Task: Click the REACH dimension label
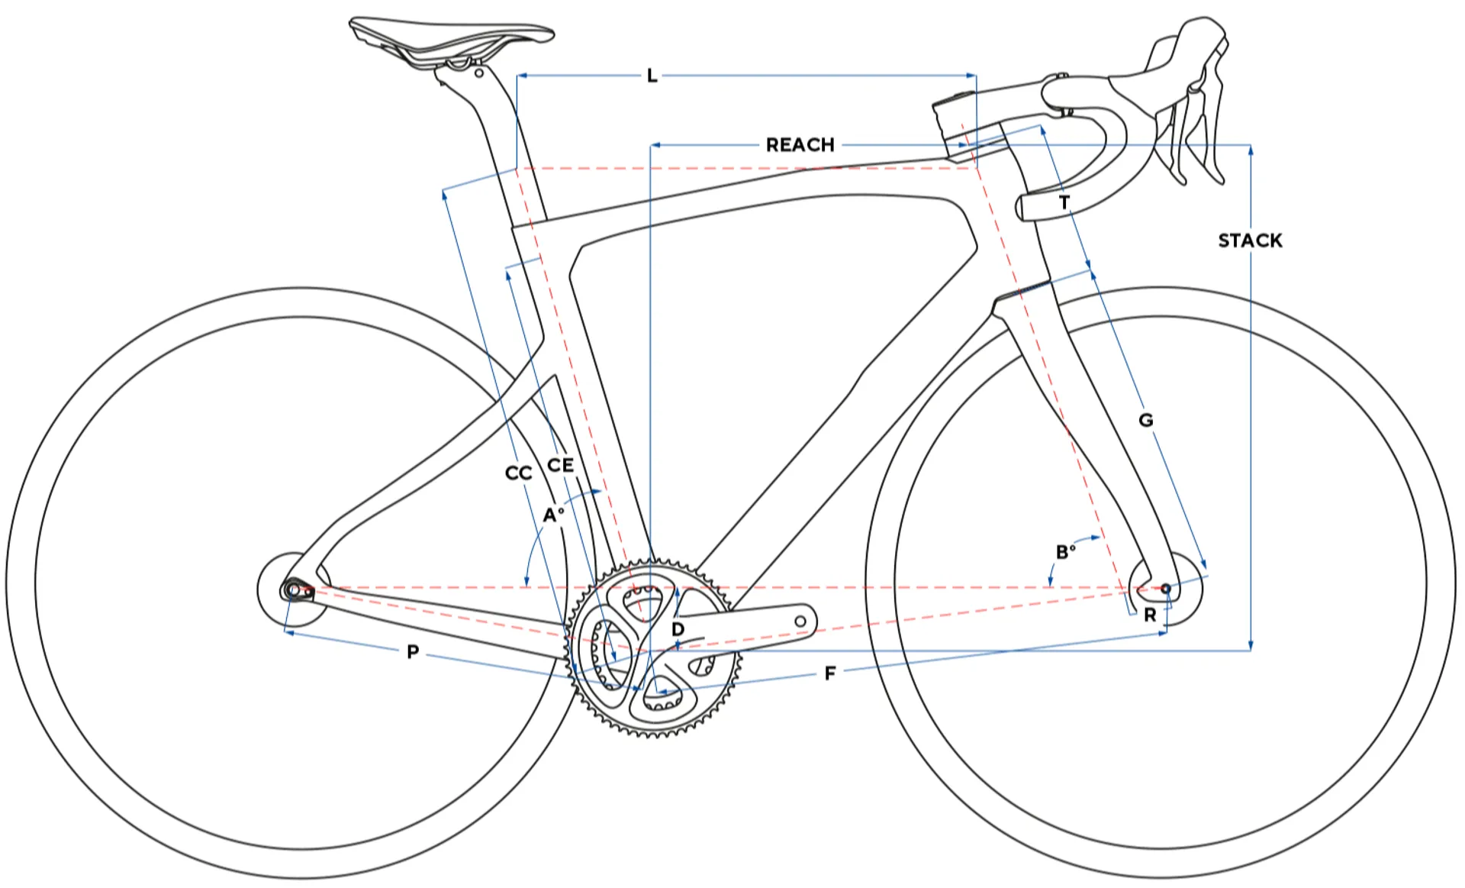tap(800, 145)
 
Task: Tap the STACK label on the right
tap(1250, 241)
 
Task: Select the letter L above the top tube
tap(652, 76)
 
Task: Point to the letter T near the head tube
tap(1064, 202)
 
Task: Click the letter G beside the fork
tap(1145, 420)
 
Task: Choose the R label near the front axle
tap(1150, 615)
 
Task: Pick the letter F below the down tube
tap(830, 673)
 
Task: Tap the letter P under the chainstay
tap(413, 652)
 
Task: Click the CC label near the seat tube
tap(518, 473)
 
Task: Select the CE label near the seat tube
tap(560, 465)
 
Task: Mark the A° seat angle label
tap(553, 515)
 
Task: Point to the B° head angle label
tap(1065, 551)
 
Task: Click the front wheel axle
tap(1165, 589)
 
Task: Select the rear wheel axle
tap(292, 590)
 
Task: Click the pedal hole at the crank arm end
tap(800, 622)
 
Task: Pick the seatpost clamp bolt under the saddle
tap(478, 73)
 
